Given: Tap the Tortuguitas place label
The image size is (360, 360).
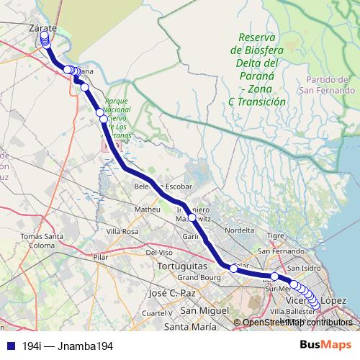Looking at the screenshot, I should [181, 266].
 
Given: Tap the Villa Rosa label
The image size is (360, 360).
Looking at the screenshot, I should [122, 231].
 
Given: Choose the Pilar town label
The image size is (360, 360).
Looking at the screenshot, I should [100, 256].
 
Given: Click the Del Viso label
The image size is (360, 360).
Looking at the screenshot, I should [160, 253].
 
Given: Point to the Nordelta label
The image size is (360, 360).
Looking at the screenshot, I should [240, 230].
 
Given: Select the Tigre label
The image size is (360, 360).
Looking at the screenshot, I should [276, 235].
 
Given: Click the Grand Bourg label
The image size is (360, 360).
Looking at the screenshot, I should [197, 277].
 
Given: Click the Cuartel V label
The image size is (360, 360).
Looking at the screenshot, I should [155, 313].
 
